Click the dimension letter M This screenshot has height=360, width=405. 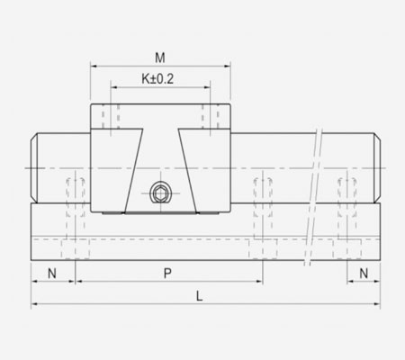point(160,58)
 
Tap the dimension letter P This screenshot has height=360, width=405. point(166,271)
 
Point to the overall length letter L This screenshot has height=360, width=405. point(199,295)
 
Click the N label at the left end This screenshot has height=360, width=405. point(52,271)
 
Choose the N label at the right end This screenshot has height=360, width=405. point(364,271)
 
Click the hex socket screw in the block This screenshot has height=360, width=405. point(160,193)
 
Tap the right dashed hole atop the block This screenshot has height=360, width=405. point(211,119)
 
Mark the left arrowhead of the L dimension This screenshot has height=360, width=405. point(35,304)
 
